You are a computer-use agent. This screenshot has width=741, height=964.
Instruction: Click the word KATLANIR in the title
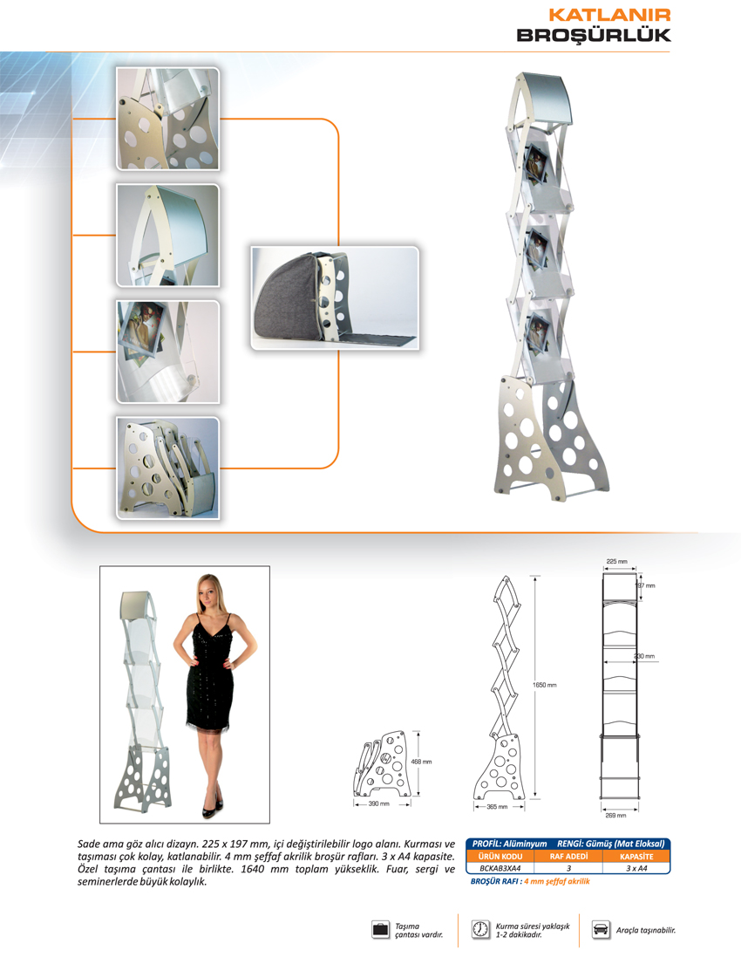coord(608,15)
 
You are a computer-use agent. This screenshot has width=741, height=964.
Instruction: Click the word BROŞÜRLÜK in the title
coord(594,35)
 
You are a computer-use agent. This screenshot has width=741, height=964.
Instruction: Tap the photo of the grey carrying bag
coord(335,298)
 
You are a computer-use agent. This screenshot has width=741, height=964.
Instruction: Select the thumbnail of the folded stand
coord(167,468)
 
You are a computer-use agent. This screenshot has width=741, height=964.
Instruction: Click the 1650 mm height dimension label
coord(544,685)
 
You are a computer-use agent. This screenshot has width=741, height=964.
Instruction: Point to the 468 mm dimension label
coord(421,762)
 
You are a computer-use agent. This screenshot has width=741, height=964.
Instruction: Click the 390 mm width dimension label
coord(378,803)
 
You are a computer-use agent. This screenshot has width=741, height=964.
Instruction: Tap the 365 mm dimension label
coord(497,807)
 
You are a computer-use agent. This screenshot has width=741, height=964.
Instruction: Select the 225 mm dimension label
coord(617,561)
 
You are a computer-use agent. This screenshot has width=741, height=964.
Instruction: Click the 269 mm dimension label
coord(615,815)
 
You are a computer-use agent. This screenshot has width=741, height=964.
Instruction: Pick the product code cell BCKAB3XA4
coord(500,868)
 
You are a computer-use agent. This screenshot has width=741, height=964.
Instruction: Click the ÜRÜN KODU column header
coord(500,857)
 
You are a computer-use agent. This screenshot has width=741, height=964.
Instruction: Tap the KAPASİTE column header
coord(636,857)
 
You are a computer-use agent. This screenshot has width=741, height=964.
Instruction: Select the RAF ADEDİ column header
coord(568,857)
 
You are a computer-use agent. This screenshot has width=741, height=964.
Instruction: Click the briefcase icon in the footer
coord(381,929)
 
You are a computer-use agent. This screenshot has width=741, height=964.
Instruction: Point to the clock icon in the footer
coord(479,929)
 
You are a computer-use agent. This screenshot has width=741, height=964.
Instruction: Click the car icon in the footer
coord(601,929)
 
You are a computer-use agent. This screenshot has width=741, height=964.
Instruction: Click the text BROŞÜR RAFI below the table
coord(495,881)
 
